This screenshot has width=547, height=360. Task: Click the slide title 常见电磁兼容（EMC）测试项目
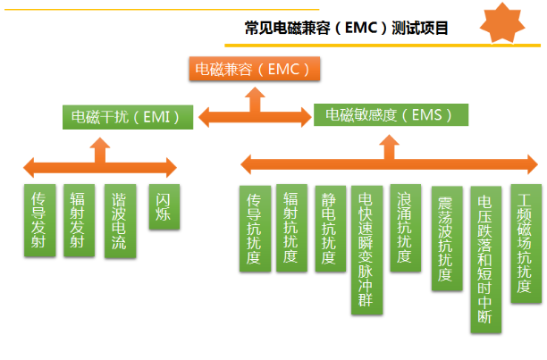(346, 29)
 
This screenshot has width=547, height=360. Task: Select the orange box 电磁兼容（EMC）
(254, 68)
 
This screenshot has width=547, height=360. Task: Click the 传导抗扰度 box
(255, 228)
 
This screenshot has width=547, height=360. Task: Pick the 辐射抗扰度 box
(290, 228)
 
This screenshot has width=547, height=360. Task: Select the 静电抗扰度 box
(330, 228)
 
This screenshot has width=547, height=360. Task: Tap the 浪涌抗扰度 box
(404, 228)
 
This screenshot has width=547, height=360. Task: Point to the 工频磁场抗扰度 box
(525, 244)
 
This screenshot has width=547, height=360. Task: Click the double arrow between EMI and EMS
(254, 115)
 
